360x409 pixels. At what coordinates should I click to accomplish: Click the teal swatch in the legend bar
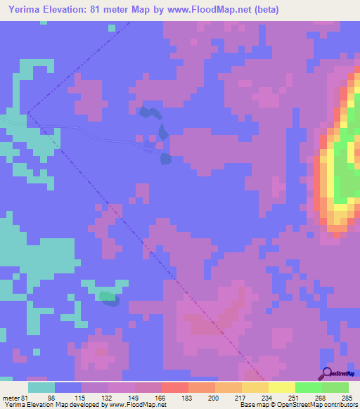(41, 387)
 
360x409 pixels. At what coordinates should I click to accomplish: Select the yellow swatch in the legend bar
(281, 387)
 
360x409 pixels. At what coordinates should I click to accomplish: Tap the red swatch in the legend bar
(174, 387)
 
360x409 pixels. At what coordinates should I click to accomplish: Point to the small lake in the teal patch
(108, 298)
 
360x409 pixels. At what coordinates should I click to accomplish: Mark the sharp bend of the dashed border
(27, 112)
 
